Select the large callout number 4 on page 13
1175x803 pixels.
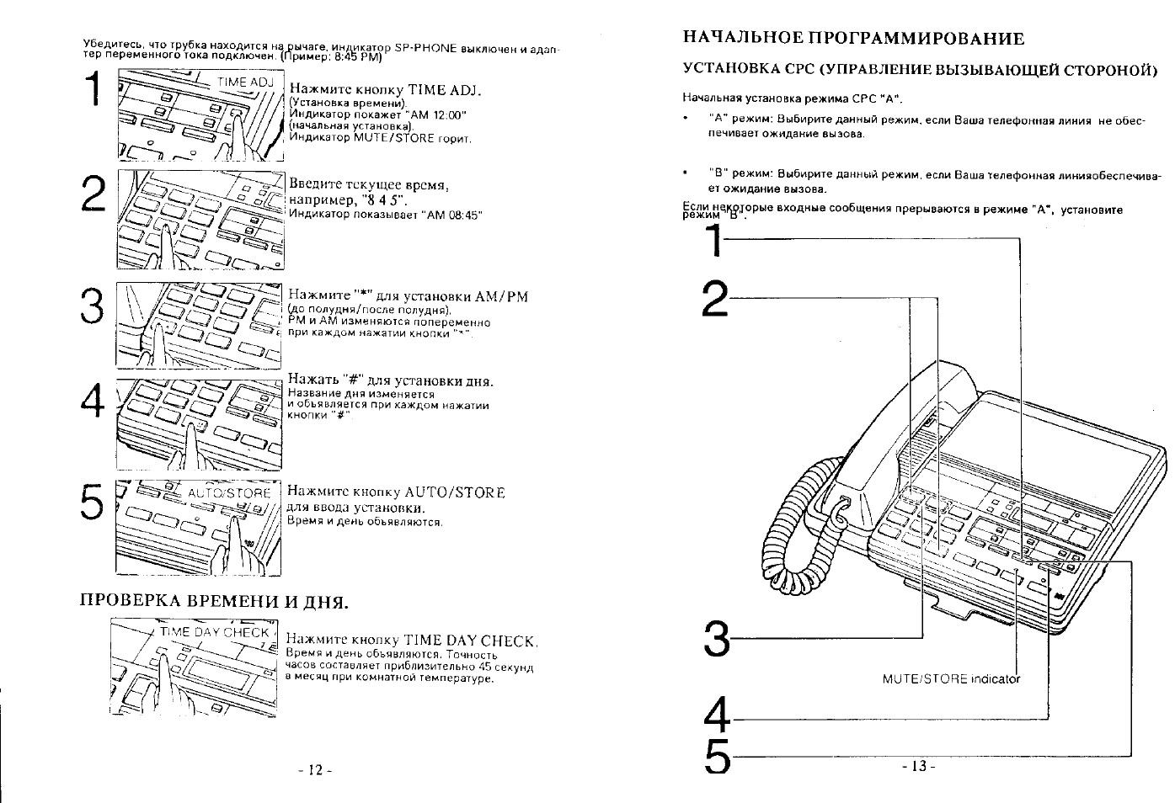(x=716, y=718)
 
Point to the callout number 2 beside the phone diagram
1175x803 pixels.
(x=715, y=299)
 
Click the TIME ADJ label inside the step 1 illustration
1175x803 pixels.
(x=245, y=82)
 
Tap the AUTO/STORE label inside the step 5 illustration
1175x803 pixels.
(x=228, y=493)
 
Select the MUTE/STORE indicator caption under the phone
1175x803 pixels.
(x=950, y=678)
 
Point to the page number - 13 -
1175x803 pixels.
(x=917, y=766)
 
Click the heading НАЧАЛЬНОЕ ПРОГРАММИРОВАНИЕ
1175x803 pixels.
(x=852, y=38)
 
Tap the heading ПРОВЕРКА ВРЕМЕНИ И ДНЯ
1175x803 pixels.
(x=213, y=602)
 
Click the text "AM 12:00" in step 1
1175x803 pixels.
(x=436, y=114)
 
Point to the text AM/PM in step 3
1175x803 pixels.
(x=501, y=295)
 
